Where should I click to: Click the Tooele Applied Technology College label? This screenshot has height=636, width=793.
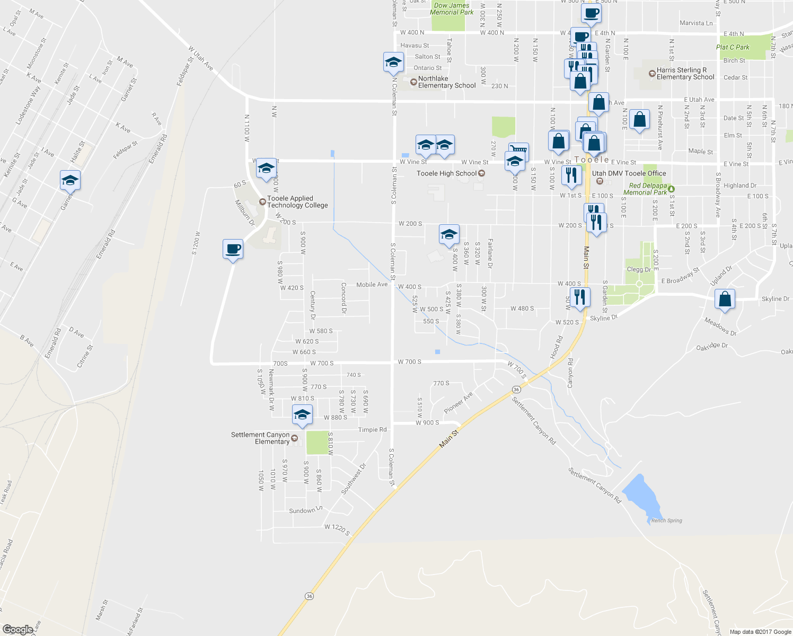point(297,202)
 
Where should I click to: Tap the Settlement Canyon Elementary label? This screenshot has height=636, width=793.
point(260,438)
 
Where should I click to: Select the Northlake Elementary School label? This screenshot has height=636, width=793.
point(447,82)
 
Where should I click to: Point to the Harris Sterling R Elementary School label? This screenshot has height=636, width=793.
point(685,74)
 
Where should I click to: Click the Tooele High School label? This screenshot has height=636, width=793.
point(447,173)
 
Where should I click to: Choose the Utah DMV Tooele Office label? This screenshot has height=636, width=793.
point(629,173)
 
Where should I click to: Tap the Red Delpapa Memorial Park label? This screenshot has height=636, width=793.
point(645,189)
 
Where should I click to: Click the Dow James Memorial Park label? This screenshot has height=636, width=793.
point(452,9)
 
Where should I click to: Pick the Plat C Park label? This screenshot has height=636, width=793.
point(733,47)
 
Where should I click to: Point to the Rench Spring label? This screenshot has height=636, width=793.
point(666,520)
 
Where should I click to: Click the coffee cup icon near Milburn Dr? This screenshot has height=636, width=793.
point(233,249)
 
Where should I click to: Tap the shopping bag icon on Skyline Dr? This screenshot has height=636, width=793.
point(725,299)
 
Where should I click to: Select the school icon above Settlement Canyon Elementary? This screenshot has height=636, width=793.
point(302,414)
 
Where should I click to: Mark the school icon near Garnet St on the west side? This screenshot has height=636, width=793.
point(70,181)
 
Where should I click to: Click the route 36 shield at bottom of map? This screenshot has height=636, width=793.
point(309,596)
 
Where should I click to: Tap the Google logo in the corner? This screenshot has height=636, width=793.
point(17,630)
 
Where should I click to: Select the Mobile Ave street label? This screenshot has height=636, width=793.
point(372,285)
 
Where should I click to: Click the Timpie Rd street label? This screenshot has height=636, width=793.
point(372,430)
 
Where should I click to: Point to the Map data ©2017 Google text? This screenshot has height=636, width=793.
point(760,632)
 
